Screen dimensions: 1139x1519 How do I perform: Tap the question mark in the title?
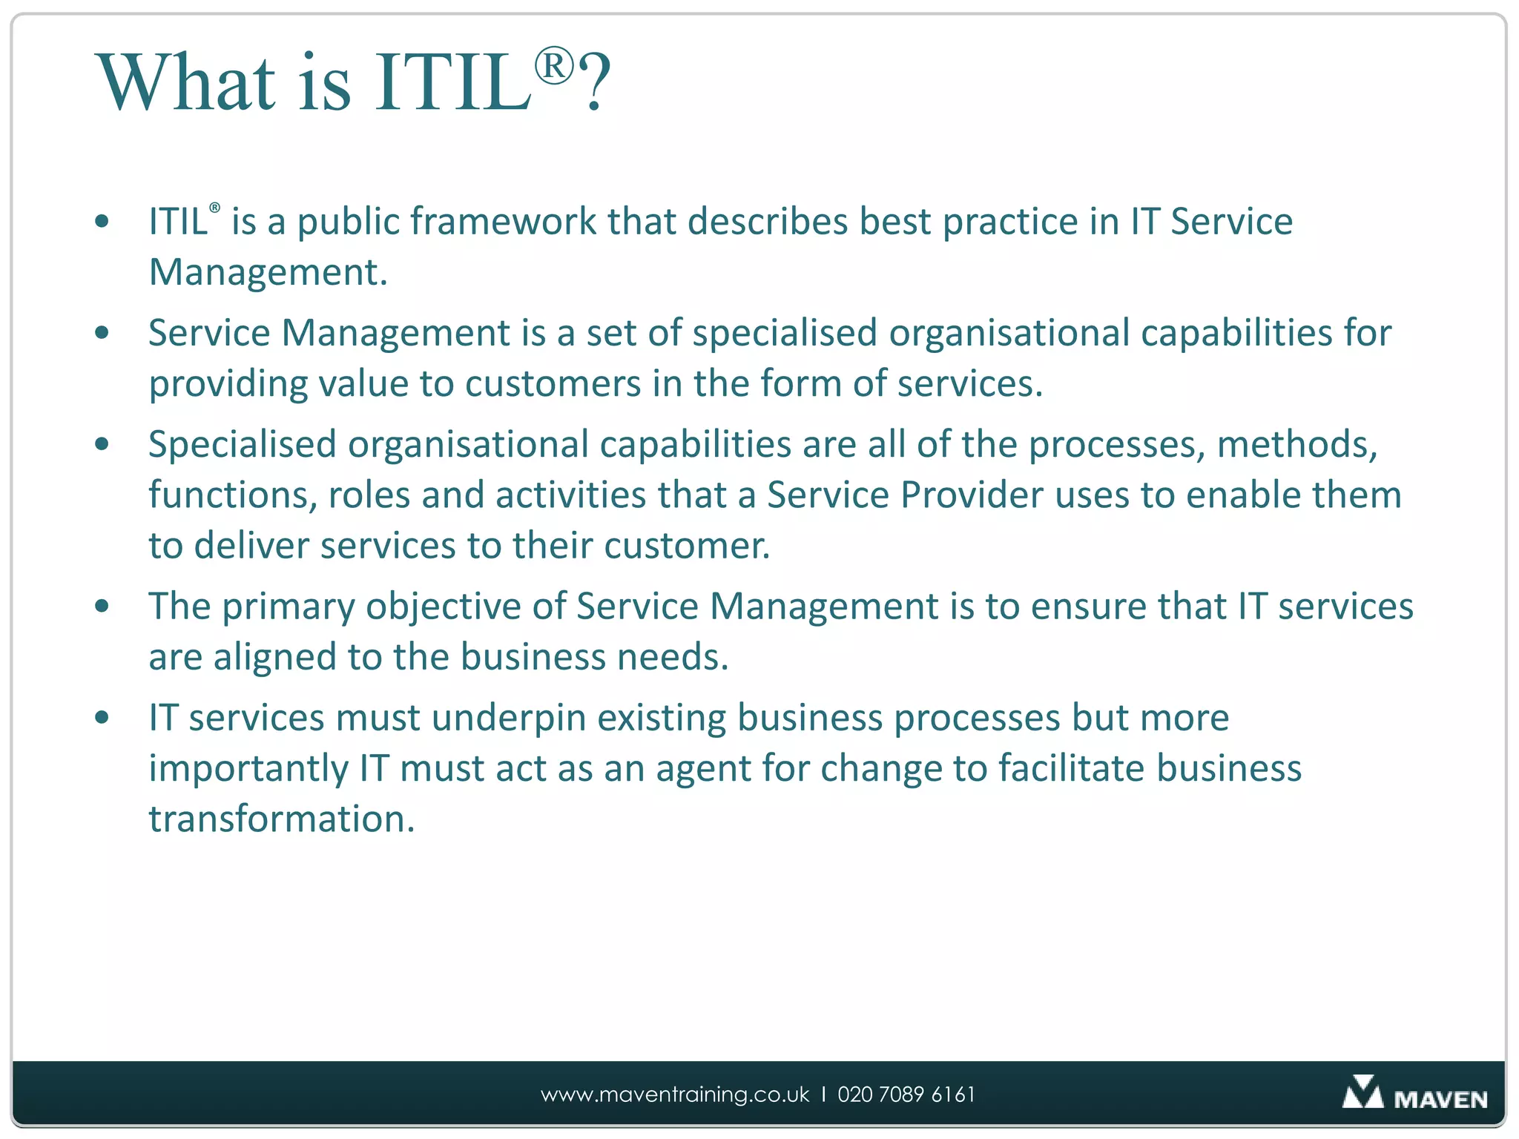pos(595,83)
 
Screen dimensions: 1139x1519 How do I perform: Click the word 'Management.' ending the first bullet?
pos(268,272)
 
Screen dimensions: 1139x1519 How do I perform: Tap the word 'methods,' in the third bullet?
pos(1296,444)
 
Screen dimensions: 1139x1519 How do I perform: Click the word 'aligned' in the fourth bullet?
pos(274,657)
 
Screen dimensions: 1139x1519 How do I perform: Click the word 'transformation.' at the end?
pos(281,819)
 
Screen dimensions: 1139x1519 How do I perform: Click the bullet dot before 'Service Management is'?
pos(102,333)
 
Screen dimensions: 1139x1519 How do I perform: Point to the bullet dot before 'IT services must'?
pos(102,718)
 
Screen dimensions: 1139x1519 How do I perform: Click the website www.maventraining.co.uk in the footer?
pos(675,1095)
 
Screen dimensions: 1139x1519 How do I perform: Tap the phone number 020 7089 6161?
pos(906,1095)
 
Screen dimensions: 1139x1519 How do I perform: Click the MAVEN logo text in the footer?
pos(1440,1099)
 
